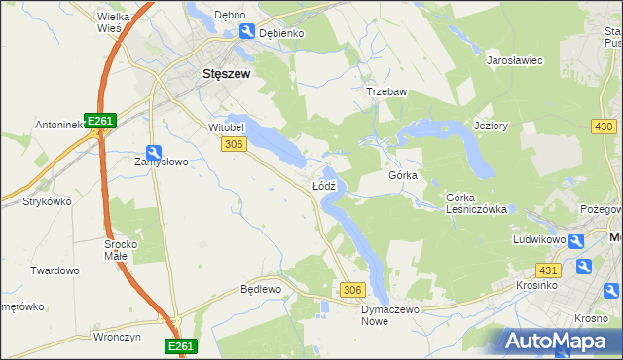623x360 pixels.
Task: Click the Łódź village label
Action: pyautogui.click(x=324, y=184)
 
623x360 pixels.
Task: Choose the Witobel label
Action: pyautogui.click(x=225, y=126)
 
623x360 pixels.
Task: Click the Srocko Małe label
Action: pyautogui.click(x=123, y=250)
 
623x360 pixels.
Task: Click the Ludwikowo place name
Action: pyautogui.click(x=539, y=238)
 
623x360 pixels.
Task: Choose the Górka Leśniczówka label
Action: pyautogui.click(x=476, y=202)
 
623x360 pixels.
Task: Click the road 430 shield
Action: pyautogui.click(x=604, y=127)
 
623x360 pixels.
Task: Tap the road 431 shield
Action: pyautogui.click(x=548, y=270)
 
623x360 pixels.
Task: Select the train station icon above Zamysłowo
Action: pyautogui.click(x=154, y=151)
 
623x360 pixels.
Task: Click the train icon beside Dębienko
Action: pyautogui.click(x=247, y=32)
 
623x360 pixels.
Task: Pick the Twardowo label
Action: pyautogui.click(x=55, y=270)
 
